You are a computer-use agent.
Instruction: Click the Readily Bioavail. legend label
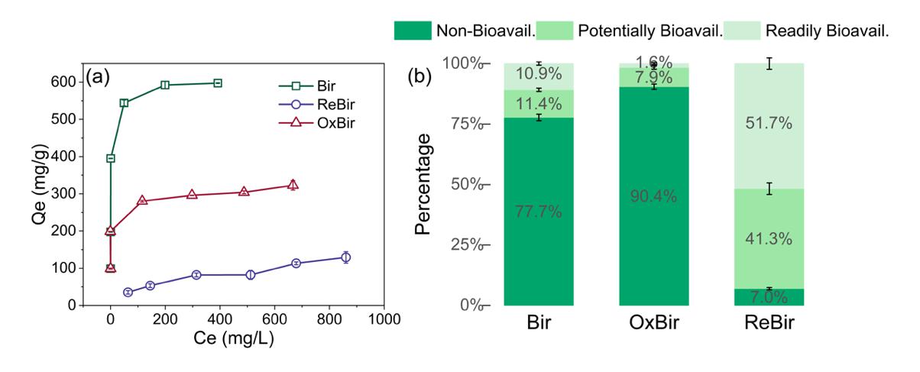pyautogui.click(x=831, y=30)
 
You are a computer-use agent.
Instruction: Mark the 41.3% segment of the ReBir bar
pyautogui.click(x=769, y=238)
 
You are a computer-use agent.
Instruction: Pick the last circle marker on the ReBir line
pyautogui.click(x=345, y=257)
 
